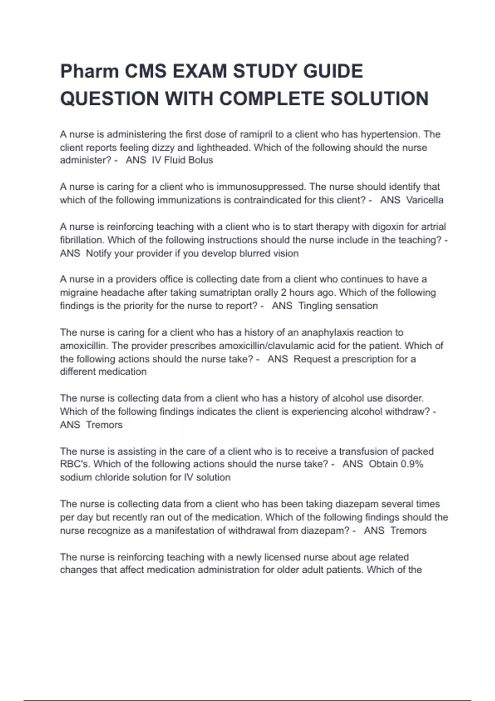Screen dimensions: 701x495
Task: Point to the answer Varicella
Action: pyautogui.click(x=424, y=200)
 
